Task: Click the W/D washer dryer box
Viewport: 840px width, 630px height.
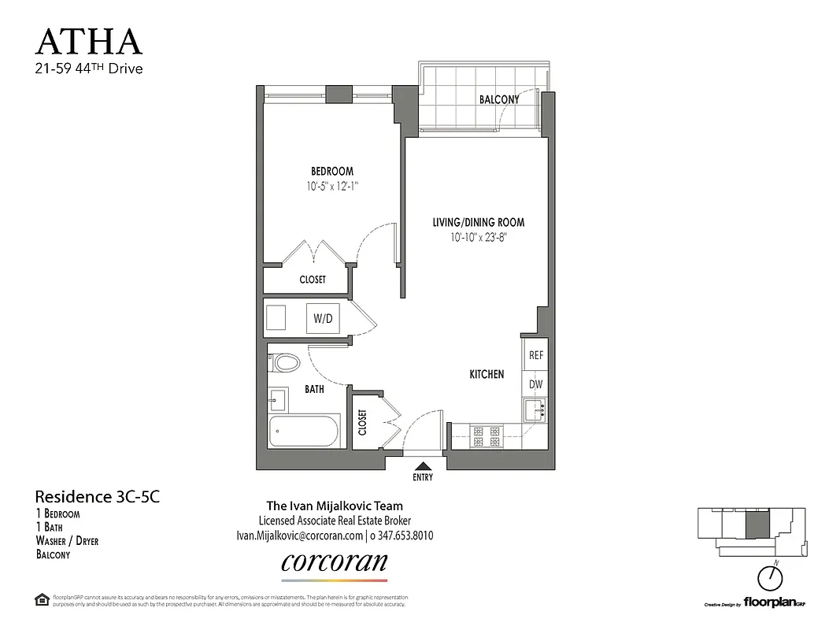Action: [323, 318]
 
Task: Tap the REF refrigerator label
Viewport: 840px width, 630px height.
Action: [536, 355]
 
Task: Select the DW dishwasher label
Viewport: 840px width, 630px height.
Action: [536, 384]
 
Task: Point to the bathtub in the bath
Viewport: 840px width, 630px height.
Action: [304, 432]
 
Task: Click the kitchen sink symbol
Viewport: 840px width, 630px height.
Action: [536, 409]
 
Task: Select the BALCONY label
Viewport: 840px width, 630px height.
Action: [499, 99]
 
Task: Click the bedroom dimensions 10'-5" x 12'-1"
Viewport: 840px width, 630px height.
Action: [331, 186]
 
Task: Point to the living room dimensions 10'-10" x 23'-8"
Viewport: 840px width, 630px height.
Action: [478, 236]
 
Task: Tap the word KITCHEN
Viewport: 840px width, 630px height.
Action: [487, 374]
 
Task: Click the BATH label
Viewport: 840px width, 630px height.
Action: [315, 389]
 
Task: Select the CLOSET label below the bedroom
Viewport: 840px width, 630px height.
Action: [313, 280]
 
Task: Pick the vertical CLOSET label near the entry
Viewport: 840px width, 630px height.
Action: [362, 422]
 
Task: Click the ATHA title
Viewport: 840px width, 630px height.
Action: [89, 41]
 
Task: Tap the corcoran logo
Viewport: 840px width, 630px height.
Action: [334, 562]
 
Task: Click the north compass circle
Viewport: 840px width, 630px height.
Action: [769, 579]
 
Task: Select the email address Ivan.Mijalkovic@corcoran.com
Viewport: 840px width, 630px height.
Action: [298, 535]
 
